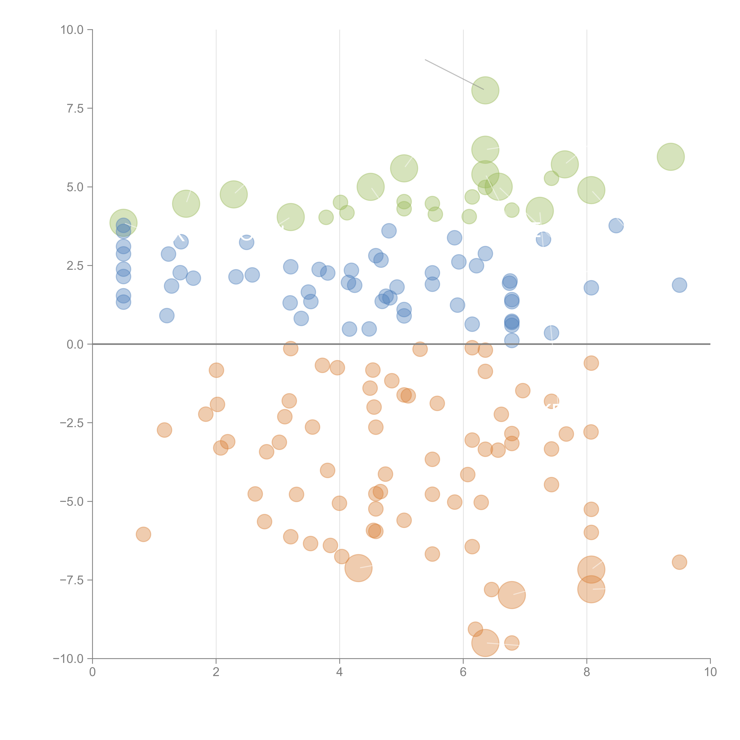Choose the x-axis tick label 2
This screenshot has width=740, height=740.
coord(216,672)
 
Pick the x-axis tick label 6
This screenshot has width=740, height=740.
coord(463,672)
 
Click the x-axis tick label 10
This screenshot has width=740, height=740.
coord(710,672)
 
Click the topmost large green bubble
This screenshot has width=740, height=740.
coord(485,90)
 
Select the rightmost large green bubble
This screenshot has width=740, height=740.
coord(671,157)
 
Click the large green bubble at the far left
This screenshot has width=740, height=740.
coord(123,223)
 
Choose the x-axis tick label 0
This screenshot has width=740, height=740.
coord(92,672)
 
